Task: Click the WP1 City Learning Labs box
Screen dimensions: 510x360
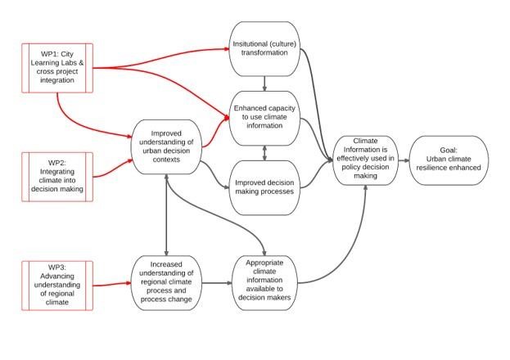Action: pos(57,68)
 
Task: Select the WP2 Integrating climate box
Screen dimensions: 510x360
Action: pos(57,177)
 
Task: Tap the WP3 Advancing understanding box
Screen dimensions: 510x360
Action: pos(57,286)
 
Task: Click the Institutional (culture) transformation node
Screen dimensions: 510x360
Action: pos(264,49)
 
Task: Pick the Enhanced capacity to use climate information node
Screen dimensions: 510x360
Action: pos(264,118)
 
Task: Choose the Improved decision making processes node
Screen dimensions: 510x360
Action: pos(264,187)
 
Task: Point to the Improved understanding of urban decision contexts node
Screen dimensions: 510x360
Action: pos(166,146)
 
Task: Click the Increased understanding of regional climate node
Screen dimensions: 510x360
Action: pos(166,282)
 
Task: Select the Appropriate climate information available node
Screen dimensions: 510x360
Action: pos(264,282)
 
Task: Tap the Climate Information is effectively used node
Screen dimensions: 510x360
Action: pos(366,160)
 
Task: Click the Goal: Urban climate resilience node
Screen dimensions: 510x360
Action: pos(449,160)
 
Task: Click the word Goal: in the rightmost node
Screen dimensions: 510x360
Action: pos(449,151)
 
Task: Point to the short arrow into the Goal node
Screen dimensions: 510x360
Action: pos(404,160)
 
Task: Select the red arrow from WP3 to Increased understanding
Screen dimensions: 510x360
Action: pos(112,284)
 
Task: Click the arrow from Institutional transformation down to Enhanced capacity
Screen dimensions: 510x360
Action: pos(264,83)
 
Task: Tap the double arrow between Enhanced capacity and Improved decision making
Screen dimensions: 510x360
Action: pos(264,153)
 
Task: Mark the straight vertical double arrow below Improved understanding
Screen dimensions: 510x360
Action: pos(166,215)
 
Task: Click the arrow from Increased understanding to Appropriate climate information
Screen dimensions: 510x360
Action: pos(217,283)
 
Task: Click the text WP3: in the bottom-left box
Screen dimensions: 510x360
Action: pos(57,268)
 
